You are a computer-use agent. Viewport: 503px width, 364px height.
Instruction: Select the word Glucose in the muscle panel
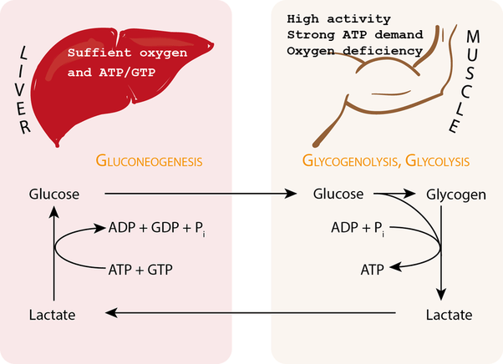(x=337, y=195)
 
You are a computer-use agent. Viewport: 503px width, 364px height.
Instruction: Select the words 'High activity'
(x=326, y=18)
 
